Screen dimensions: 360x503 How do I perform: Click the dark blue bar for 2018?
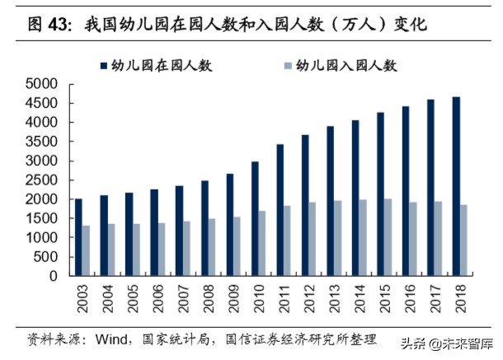pyautogui.click(x=456, y=186)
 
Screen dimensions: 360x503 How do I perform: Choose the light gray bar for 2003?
pyautogui.click(x=87, y=250)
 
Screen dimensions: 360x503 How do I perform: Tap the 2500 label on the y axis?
pyautogui.click(x=41, y=180)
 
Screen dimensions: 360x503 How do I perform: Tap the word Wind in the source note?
pyautogui.click(x=112, y=339)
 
